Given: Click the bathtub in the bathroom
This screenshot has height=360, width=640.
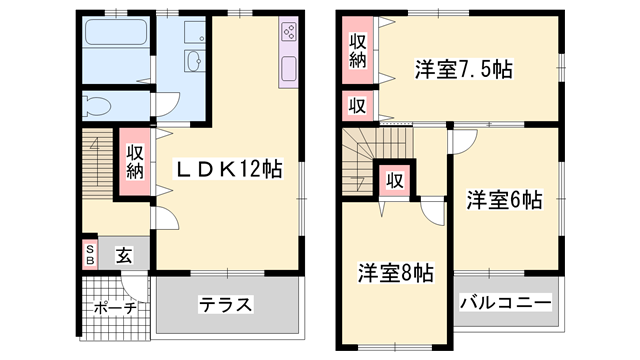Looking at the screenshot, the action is click(x=116, y=32).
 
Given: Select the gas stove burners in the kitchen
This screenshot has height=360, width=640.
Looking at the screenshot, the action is click(x=289, y=31).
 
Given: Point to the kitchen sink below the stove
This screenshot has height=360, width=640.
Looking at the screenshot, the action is click(x=289, y=69).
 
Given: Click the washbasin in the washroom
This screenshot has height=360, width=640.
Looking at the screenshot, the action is click(x=193, y=61).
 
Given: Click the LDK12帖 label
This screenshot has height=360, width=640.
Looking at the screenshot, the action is click(x=228, y=169).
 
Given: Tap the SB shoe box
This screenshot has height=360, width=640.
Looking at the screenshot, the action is click(x=90, y=254).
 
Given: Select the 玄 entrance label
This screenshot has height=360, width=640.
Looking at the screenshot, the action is click(x=124, y=255).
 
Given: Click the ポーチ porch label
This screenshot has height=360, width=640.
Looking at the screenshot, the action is click(x=115, y=308).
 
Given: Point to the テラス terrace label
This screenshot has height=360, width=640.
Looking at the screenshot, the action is click(x=225, y=304).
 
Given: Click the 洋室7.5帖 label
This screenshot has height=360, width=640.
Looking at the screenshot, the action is click(x=464, y=69).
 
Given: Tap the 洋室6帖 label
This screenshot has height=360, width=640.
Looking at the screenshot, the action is click(x=505, y=200).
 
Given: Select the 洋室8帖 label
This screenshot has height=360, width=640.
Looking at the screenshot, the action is click(x=396, y=273).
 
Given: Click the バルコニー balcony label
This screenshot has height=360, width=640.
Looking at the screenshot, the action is click(x=506, y=302).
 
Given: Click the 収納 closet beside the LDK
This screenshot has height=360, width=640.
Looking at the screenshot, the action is click(x=135, y=161).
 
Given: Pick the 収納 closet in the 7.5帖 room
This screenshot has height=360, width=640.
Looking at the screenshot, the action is click(x=358, y=50).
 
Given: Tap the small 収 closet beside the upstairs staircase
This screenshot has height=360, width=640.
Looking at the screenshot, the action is click(x=395, y=180).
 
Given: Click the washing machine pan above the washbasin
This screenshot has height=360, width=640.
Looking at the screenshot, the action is click(x=195, y=32).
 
